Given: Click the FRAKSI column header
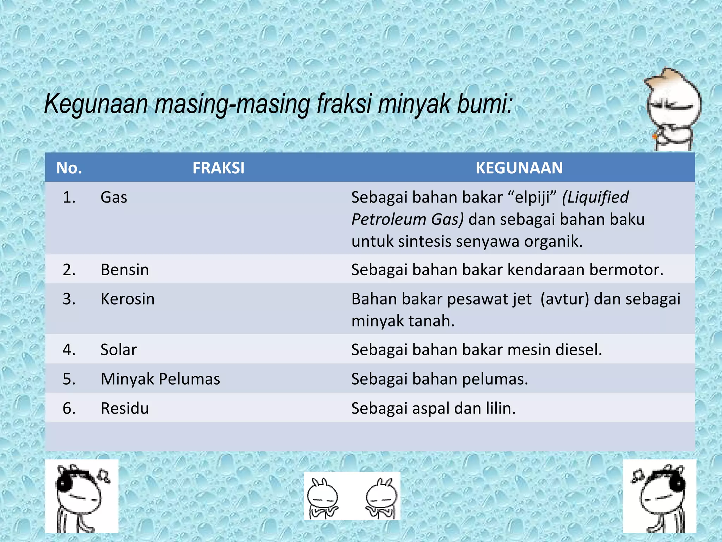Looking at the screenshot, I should point(218,168).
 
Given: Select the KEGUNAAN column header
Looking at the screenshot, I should point(519,168).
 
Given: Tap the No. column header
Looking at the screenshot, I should point(69,168).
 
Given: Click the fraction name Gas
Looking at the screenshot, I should point(114,197).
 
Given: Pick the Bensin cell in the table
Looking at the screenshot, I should point(124,270).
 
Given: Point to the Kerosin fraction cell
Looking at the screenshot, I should point(127,299).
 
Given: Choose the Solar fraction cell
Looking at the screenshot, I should point(118,350).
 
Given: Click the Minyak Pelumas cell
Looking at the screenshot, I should point(160,379).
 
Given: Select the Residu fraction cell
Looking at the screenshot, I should point(124,408).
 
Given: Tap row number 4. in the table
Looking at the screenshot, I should point(69,350).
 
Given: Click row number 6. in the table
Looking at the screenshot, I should point(69,408).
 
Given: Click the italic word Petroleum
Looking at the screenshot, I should point(389,219).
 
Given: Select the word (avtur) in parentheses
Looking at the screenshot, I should point(564,299).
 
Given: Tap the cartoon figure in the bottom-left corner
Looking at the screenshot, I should point(82,496).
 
